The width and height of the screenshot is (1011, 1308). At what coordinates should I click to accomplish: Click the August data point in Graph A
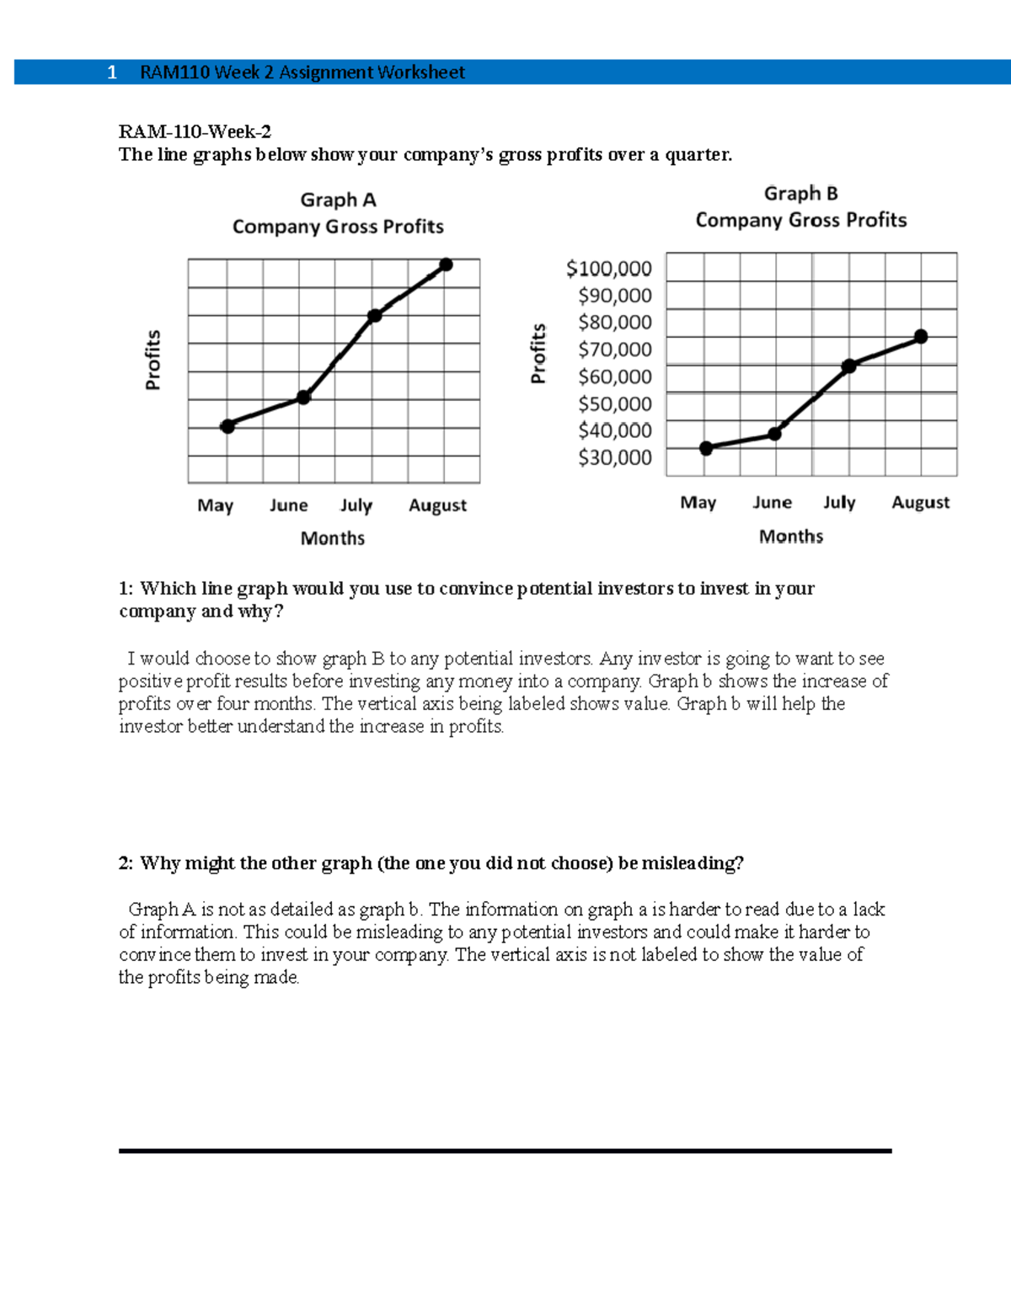pos(447,265)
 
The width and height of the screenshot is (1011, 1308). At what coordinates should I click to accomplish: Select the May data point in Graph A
pos(227,426)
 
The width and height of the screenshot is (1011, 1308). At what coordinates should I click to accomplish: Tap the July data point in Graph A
pos(375,316)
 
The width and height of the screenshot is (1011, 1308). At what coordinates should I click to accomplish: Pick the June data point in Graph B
pos(775,434)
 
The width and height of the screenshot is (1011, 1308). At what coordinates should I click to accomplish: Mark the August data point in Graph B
pos(921,337)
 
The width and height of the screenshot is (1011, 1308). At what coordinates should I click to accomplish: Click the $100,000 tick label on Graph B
pos(609,269)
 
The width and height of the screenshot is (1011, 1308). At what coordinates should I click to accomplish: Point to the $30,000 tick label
pos(615,457)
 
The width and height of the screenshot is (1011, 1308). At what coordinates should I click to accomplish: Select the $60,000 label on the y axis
pos(615,376)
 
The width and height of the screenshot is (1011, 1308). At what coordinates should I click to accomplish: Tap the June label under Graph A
pos(288,505)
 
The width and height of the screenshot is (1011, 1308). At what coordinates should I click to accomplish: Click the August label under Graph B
pos(920,503)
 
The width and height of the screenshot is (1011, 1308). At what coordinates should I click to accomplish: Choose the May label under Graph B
pos(698,503)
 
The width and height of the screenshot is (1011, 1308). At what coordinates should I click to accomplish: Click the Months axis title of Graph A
pos(333,538)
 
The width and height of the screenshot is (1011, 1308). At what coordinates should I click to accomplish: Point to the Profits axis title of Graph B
pos(538,354)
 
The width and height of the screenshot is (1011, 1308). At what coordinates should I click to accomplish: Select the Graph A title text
pos(338,200)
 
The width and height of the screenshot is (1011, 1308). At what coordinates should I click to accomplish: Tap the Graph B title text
pos(800,194)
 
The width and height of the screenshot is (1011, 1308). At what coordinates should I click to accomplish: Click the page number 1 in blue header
pos(112,73)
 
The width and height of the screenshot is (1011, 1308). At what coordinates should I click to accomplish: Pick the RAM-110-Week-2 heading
pos(195,131)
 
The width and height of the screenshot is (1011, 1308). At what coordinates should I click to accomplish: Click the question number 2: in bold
pos(126,863)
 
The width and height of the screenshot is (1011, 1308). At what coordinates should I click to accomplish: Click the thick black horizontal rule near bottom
pos(505,1151)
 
